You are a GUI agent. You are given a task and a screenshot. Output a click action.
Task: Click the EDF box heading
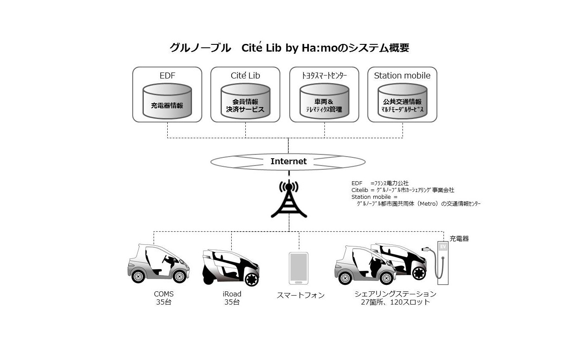coord(167,75)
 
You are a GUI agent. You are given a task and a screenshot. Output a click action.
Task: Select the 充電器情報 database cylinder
coord(167,101)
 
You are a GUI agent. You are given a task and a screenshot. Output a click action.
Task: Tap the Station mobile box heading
coord(402,75)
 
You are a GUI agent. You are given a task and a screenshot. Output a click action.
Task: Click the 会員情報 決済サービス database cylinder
coord(245,101)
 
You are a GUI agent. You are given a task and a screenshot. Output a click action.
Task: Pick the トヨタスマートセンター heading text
coord(324,75)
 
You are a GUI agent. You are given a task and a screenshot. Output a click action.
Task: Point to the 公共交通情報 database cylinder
coord(402,101)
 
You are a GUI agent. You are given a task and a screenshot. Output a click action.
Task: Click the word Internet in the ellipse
coord(288,161)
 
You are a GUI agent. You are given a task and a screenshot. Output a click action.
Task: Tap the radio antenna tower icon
coord(289,199)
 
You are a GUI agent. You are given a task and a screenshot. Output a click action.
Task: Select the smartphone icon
coord(299,268)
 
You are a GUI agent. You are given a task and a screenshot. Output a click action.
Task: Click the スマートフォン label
coord(301,295)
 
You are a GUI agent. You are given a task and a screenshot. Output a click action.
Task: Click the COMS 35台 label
coord(163,298)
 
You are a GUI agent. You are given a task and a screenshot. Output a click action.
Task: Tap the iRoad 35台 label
coord(232,298)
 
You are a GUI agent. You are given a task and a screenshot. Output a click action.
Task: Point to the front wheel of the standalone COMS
coord(179,276)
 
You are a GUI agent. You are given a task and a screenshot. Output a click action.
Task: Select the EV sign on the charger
coord(443,247)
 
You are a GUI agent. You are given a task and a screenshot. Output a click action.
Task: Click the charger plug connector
coord(426,249)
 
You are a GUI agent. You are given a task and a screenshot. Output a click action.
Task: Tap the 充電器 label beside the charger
coord(459,238)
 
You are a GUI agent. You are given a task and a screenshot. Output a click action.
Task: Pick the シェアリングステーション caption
coord(396,294)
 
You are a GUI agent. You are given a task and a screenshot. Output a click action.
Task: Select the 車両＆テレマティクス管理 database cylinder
coord(324,101)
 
